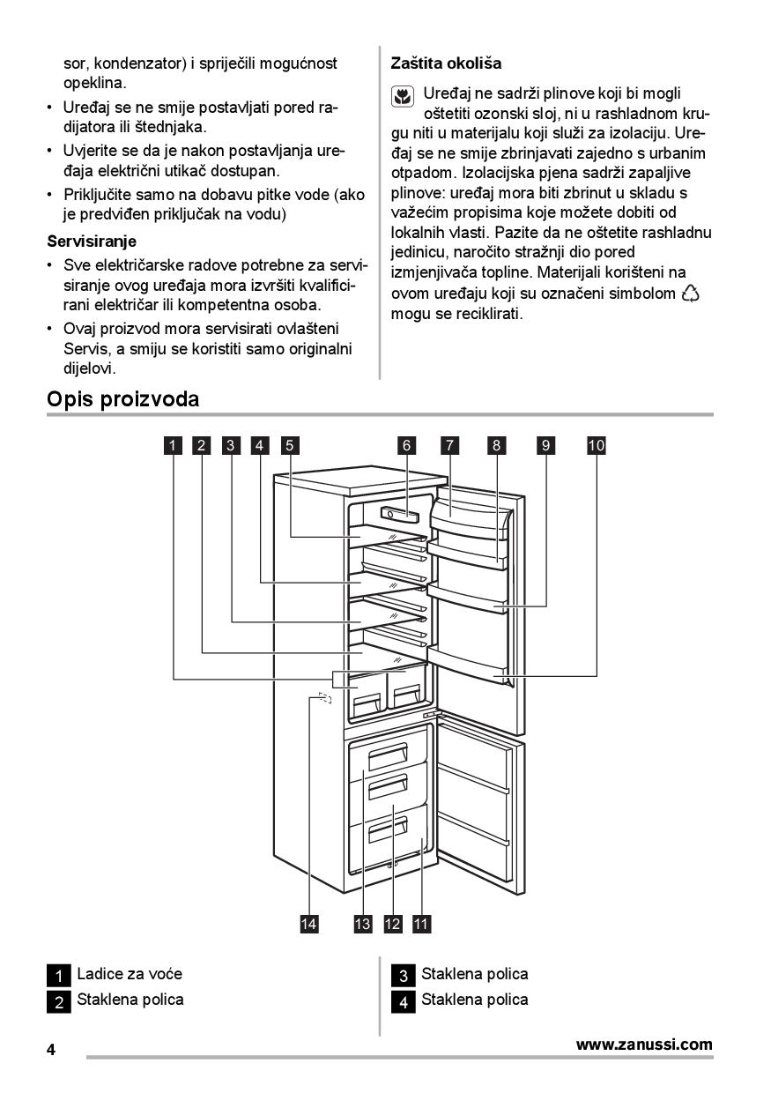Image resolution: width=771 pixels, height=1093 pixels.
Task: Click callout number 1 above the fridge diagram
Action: point(174,445)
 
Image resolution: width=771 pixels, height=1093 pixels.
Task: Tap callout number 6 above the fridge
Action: point(407,445)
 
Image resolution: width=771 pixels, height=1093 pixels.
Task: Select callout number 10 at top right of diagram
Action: point(597,445)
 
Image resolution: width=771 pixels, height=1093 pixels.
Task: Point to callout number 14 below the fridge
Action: point(308,923)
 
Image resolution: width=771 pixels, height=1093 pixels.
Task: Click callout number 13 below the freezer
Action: point(363,923)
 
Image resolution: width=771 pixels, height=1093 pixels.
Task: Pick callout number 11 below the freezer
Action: point(421,923)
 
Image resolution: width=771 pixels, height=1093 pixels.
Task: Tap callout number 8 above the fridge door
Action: point(497,445)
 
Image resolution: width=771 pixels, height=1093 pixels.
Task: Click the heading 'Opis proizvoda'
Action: point(122,399)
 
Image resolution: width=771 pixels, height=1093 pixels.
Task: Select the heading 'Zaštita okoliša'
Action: point(446,63)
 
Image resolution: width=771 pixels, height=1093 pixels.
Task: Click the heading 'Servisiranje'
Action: point(91,241)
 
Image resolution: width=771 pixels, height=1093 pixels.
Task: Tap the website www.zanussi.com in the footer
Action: point(644,1045)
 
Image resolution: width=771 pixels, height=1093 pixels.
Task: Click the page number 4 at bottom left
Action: point(51,1050)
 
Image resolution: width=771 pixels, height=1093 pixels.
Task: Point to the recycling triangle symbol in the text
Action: point(691,294)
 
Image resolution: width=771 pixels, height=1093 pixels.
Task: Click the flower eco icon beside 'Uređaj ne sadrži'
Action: point(402,97)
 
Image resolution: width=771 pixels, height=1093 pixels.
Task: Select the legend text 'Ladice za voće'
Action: point(130,974)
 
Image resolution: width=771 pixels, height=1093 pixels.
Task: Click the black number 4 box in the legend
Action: point(403,1001)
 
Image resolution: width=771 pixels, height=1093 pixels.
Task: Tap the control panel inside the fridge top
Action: point(399,512)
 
